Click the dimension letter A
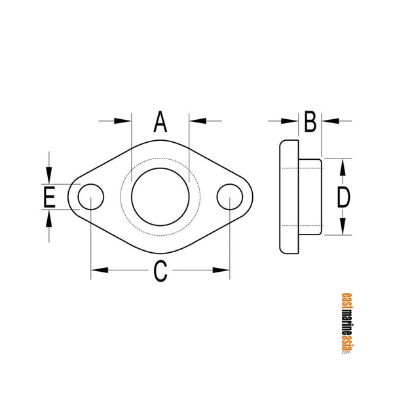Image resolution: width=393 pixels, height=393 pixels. (x=160, y=122)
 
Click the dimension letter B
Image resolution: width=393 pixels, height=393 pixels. (x=310, y=121)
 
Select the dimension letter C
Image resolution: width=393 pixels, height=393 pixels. (x=160, y=271)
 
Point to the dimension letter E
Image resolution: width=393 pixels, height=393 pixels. (x=49, y=197)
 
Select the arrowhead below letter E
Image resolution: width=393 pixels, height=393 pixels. (x=49, y=217)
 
